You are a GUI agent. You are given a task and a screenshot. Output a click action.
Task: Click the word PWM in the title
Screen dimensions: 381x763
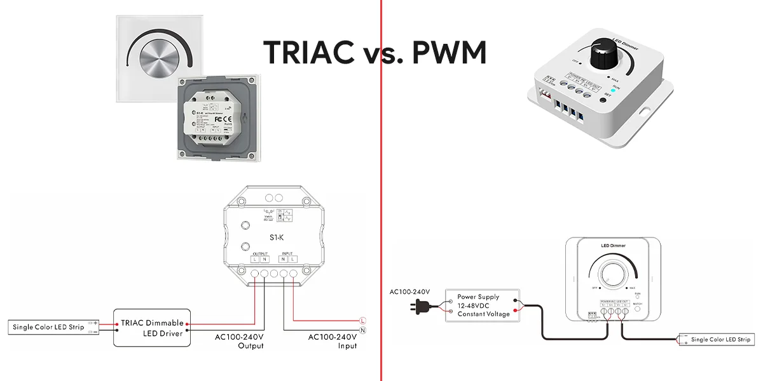click(449, 53)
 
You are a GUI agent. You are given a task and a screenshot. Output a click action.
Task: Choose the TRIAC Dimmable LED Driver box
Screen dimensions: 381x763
click(152, 328)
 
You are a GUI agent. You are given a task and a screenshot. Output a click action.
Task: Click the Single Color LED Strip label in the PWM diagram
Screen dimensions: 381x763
click(720, 340)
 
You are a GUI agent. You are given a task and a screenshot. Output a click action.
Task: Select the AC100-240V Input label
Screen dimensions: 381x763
click(333, 341)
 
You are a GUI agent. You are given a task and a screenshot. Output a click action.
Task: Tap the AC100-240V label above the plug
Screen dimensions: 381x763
click(409, 292)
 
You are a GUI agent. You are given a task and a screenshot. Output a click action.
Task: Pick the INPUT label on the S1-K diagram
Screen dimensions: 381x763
click(287, 253)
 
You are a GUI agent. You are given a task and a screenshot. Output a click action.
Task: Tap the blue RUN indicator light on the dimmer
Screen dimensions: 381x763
click(614, 90)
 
